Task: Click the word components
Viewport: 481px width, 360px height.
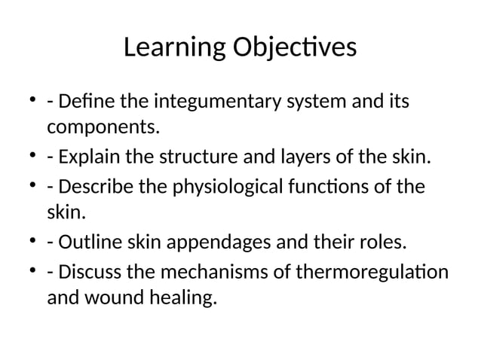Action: (103, 127)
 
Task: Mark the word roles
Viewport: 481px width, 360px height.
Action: (384, 243)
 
